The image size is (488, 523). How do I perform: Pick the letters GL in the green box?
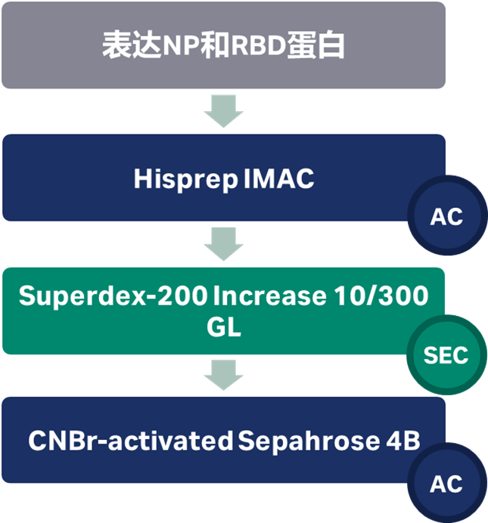click(x=223, y=328)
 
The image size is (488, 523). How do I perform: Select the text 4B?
click(x=401, y=441)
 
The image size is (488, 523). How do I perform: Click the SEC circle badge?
click(x=446, y=354)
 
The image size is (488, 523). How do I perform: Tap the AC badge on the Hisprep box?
click(x=446, y=217)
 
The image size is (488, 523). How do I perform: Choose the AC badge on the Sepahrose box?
click(x=446, y=483)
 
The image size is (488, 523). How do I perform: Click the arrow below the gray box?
click(x=223, y=111)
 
